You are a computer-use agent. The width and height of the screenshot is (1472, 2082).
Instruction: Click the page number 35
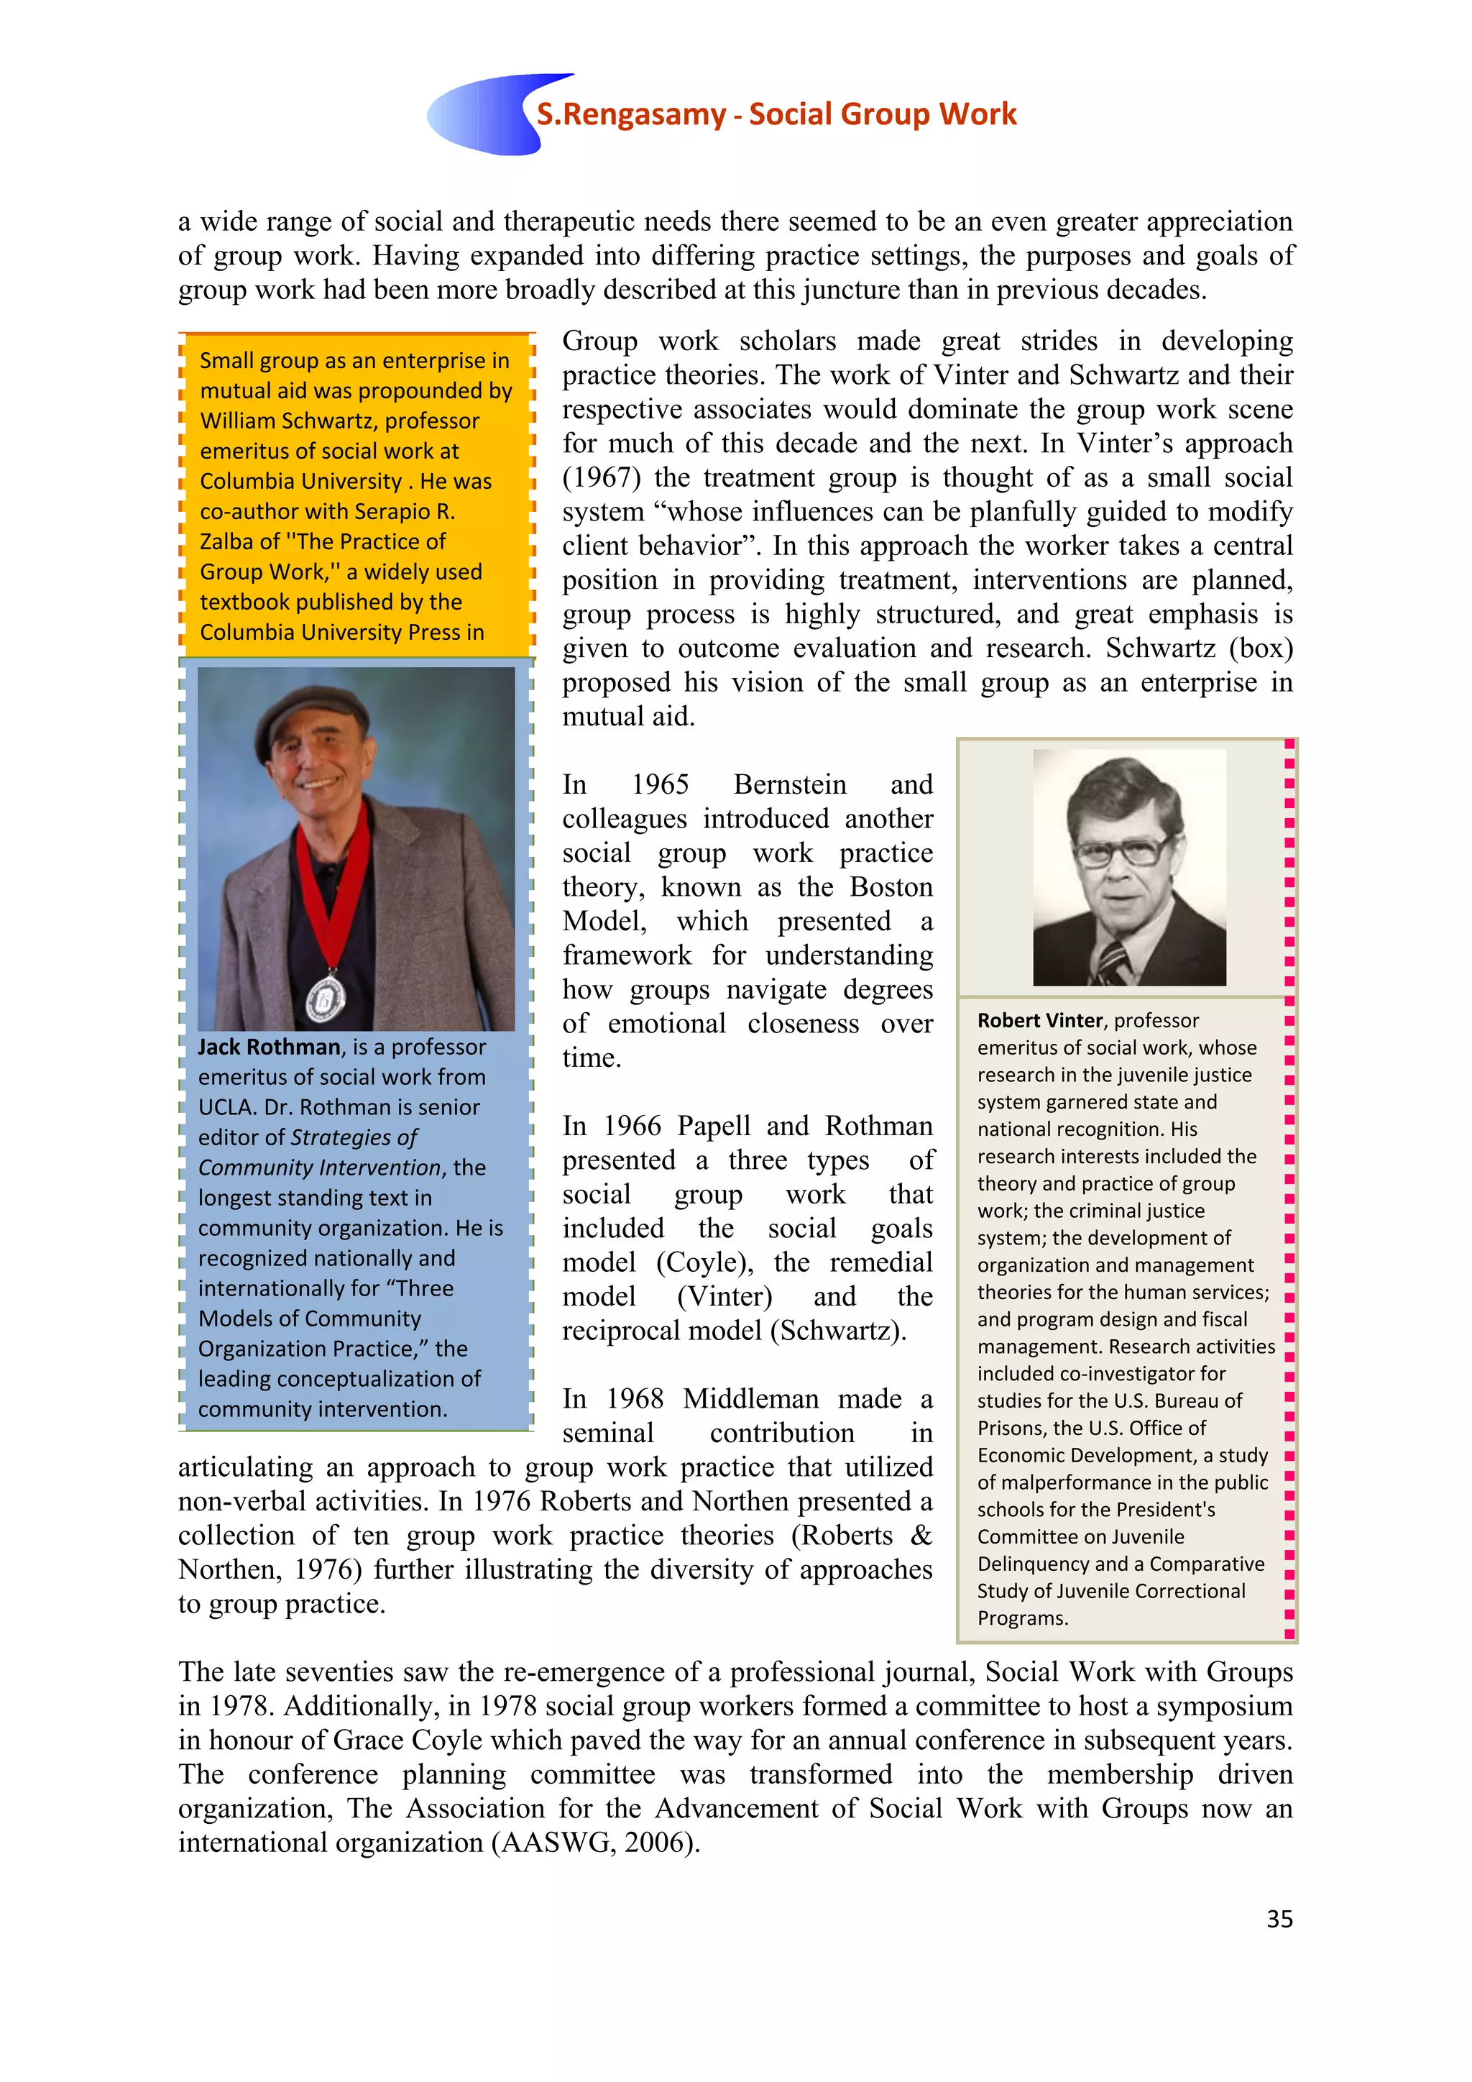[x=1279, y=1918]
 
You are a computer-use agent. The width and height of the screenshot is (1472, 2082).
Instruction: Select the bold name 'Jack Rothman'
[x=270, y=1047]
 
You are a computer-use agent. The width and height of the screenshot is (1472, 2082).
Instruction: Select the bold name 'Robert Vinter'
[x=1039, y=1020]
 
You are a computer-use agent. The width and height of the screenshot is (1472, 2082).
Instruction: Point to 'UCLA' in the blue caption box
[x=226, y=1107]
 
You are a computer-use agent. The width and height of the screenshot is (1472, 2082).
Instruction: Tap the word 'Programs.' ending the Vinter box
[x=1023, y=1618]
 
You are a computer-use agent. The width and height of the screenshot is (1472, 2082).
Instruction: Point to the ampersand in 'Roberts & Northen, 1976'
[x=921, y=1535]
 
